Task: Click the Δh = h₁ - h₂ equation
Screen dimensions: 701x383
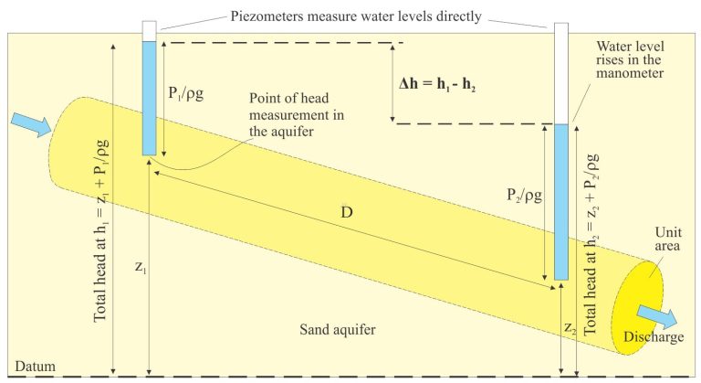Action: coord(437,84)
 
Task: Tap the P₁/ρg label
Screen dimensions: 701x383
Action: coord(186,93)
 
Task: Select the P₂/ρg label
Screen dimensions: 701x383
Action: coord(525,196)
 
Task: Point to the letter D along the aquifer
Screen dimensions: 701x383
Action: coord(347,212)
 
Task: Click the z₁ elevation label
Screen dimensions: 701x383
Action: coord(141,268)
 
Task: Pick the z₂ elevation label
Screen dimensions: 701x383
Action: coord(570,328)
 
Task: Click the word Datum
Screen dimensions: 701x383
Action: coord(36,367)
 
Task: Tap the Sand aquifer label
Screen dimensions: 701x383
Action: coord(338,330)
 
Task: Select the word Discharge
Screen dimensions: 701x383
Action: coord(654,337)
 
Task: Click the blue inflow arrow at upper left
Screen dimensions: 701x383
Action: coord(31,122)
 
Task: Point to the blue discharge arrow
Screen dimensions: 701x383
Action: coord(657,317)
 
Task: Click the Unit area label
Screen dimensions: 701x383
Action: coord(668,239)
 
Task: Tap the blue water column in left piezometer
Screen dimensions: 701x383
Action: coord(150,99)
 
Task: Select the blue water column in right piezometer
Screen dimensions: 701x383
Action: coord(561,202)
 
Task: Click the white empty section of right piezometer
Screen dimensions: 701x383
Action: coord(561,73)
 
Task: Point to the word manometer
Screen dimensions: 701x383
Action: coord(630,73)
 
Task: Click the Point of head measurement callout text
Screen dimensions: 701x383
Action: coord(297,114)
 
